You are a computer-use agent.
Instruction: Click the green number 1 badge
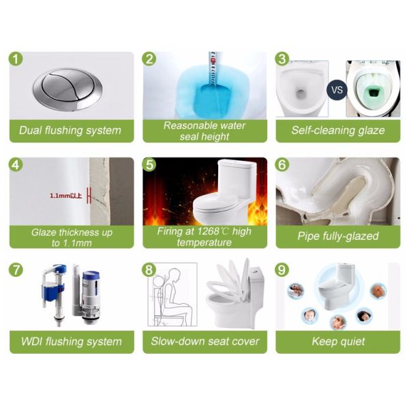[x=16, y=59]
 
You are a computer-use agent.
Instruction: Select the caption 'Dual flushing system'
[x=71, y=130]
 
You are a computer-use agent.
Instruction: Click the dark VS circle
[x=337, y=89]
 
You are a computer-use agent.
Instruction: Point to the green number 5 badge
[x=149, y=164]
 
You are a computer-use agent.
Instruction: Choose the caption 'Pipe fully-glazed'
[x=338, y=236]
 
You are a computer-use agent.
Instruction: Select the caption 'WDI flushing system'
[x=71, y=342]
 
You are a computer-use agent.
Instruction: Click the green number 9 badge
[x=282, y=270]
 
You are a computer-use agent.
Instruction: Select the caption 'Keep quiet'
[x=338, y=342]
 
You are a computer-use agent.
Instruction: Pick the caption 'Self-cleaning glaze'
[x=338, y=130]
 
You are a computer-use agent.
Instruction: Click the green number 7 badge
[x=16, y=270]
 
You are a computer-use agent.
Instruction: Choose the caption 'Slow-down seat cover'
[x=205, y=342]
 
